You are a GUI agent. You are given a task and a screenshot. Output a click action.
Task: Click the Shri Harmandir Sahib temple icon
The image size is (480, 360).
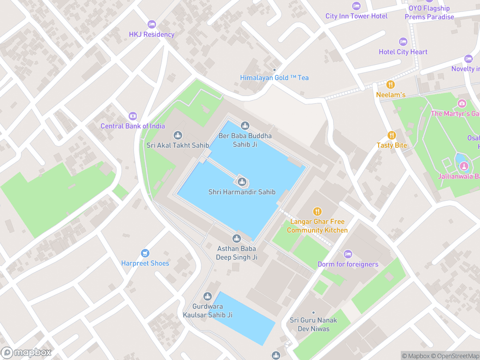pos(242,181)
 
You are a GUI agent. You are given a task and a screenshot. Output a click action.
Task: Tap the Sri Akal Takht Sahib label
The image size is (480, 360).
pos(178,145)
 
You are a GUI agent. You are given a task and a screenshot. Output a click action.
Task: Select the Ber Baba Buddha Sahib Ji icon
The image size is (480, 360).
pos(245,126)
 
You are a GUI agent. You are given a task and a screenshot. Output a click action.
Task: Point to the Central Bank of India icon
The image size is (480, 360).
pos(132,116)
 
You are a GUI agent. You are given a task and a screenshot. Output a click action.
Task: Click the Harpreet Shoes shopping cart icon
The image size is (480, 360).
pos(145,253)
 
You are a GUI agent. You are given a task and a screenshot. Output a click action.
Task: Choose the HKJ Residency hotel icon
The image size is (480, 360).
pos(152,24)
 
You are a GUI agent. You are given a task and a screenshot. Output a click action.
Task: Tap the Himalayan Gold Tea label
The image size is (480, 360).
pos(274,78)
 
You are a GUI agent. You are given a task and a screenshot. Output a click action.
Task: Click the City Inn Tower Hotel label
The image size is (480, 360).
pos(356,16)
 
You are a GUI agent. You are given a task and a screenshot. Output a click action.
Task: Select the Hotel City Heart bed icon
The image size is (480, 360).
pos(403,42)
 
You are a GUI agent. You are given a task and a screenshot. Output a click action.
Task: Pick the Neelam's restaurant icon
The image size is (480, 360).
pos(391,84)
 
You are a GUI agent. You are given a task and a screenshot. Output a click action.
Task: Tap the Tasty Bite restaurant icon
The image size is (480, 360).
pos(392,135)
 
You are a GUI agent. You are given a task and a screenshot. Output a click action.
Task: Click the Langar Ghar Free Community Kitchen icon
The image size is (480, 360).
pos(317,212)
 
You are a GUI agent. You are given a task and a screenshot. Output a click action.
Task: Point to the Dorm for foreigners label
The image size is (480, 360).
pos(348,264)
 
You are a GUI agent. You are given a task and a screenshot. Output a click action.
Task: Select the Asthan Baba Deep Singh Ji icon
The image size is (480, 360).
pos(237,239)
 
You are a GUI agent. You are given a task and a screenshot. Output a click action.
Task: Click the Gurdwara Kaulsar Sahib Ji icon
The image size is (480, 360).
pos(208,296)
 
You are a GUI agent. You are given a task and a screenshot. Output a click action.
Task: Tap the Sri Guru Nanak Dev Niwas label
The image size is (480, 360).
pos(313,324)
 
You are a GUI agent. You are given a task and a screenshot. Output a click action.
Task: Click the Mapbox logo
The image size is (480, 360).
pos(27,352)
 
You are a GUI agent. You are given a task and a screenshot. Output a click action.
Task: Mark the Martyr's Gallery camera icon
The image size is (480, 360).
pos(462,104)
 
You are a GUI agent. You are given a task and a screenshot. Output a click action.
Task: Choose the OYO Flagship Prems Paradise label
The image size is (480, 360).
pos(429,12)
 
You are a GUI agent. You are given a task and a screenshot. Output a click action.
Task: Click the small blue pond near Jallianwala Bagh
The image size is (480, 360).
pos(461,158)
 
